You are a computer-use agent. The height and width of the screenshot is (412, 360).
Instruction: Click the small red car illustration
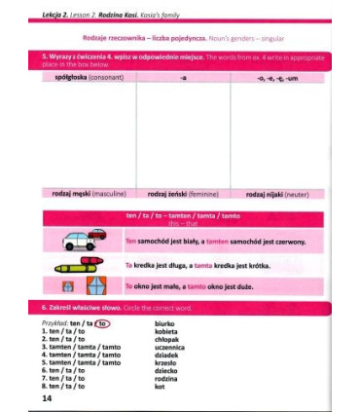97,234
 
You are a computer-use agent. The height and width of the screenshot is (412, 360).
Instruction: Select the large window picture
95,287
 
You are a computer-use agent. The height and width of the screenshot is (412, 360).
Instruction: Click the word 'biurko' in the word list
164,322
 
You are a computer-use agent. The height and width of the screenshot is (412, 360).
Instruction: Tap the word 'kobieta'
166,330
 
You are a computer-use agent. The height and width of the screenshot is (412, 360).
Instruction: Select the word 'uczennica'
170,346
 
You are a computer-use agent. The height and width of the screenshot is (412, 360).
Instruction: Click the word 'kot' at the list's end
160,386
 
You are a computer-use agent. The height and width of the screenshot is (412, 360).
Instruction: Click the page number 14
47,398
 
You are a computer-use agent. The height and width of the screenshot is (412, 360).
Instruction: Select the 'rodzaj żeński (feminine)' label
183,194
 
